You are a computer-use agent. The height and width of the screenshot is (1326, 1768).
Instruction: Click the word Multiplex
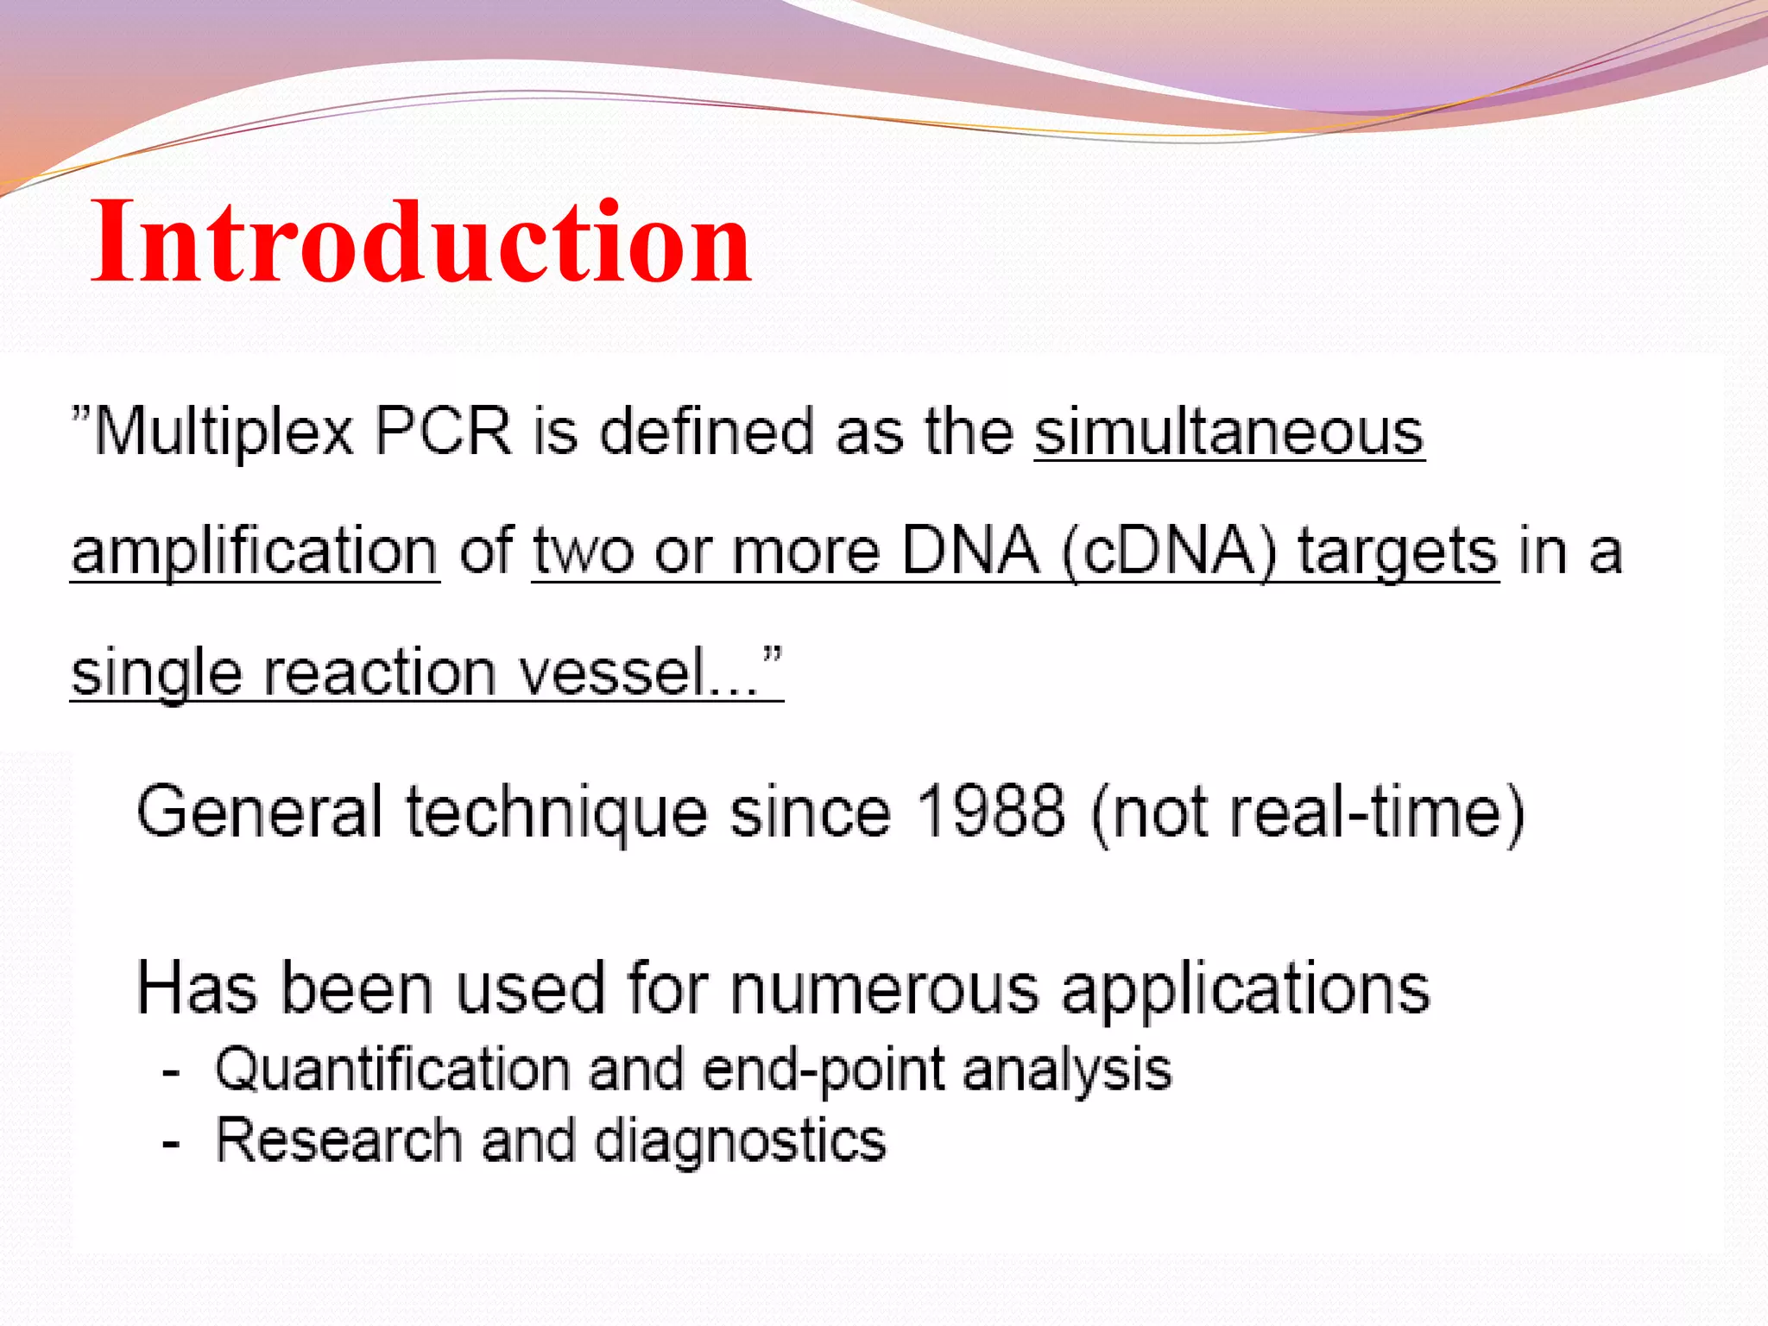point(224,432)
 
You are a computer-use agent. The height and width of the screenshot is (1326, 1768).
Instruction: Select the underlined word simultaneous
point(1229,432)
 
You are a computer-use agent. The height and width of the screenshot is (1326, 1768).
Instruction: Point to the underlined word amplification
point(255,552)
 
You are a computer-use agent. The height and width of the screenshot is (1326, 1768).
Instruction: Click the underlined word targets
point(1399,553)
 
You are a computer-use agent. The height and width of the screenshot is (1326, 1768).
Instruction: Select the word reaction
point(379,672)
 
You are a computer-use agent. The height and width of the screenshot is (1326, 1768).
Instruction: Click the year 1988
point(990,811)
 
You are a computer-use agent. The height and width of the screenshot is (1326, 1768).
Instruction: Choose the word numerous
point(884,988)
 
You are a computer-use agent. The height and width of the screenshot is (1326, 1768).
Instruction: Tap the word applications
point(1246,989)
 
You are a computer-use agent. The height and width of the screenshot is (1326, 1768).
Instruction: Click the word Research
point(338,1140)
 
